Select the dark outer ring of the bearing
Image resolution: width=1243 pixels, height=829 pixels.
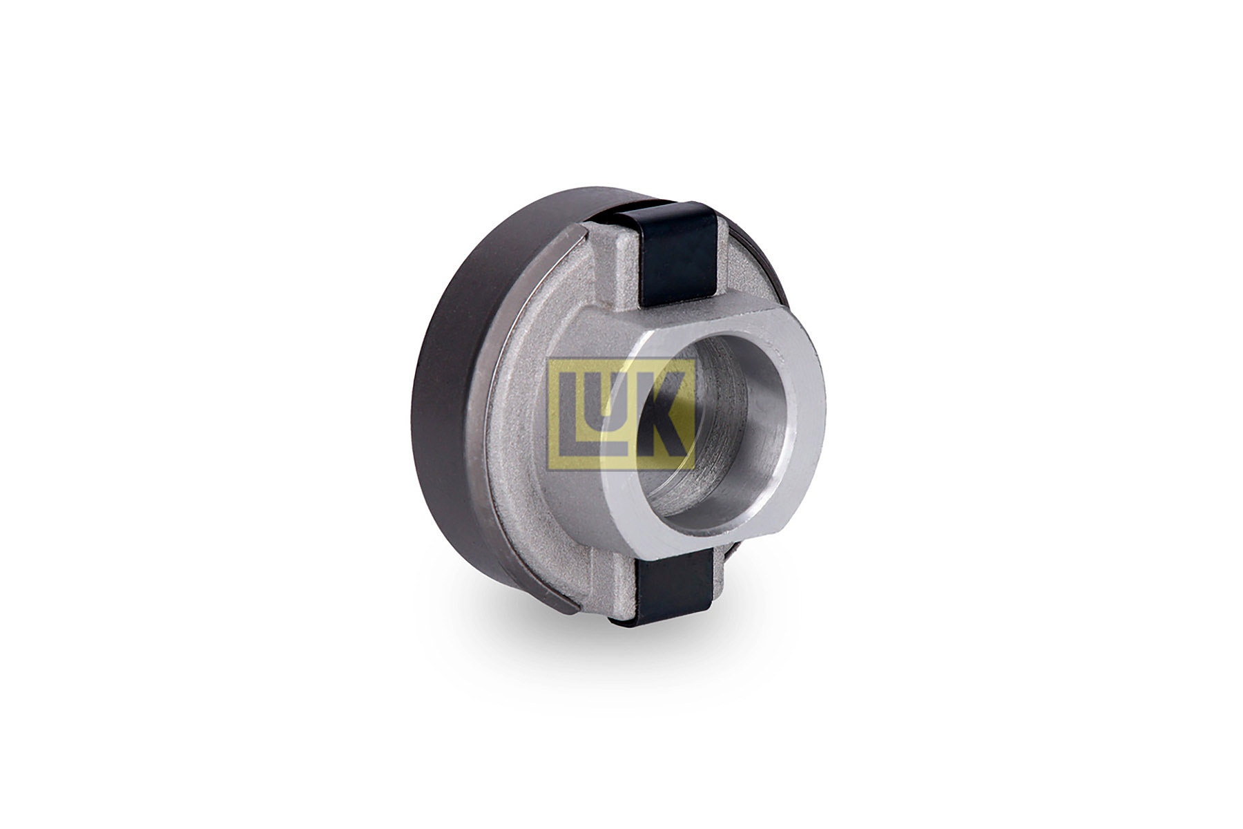coord(456,387)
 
